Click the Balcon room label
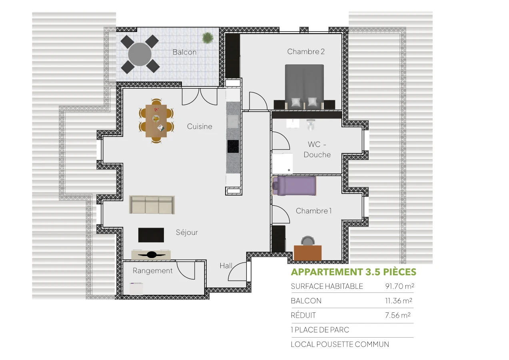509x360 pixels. (x=184, y=52)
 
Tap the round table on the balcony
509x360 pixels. (x=140, y=54)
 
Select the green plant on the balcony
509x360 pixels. (x=208, y=38)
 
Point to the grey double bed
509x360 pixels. (x=304, y=86)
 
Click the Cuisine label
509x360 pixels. (x=200, y=126)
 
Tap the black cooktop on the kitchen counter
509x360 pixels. (x=233, y=146)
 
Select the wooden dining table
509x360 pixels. (x=156, y=120)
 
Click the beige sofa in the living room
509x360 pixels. (x=152, y=205)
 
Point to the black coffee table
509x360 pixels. (x=151, y=235)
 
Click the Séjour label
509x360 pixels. (x=187, y=232)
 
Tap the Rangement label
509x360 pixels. (x=153, y=271)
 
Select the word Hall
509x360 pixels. (x=226, y=266)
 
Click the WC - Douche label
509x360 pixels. (x=317, y=150)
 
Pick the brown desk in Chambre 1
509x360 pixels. (x=308, y=253)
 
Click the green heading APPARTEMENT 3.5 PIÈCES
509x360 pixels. (x=353, y=272)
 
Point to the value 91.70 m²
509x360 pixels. (x=397, y=286)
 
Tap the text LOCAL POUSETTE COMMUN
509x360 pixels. (x=340, y=344)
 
